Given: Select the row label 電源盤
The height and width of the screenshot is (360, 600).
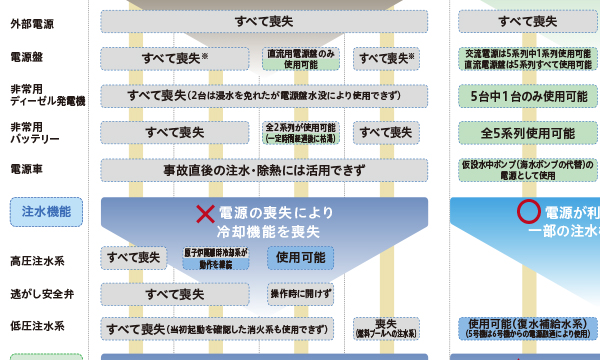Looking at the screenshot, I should (27, 57).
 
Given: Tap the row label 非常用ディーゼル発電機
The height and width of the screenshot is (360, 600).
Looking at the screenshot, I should (47, 95).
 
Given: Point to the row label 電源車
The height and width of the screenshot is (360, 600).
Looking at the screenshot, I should (27, 168).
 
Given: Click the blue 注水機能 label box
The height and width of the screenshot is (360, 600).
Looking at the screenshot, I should (46, 210).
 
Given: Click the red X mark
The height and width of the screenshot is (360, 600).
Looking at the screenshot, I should (205, 213).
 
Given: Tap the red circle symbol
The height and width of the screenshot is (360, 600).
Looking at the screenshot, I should (526, 212).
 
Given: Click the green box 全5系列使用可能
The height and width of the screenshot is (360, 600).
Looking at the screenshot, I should (528, 132).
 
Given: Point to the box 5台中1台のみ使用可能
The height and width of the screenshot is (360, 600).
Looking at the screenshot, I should (528, 96).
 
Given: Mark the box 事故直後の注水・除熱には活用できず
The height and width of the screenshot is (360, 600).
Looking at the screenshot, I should (264, 168).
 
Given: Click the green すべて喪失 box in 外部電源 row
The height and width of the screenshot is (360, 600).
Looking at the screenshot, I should (528, 20).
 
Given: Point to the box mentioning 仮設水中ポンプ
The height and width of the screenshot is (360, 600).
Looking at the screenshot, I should (528, 168).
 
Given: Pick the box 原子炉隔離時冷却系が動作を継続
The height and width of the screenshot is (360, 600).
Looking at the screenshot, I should (216, 257).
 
